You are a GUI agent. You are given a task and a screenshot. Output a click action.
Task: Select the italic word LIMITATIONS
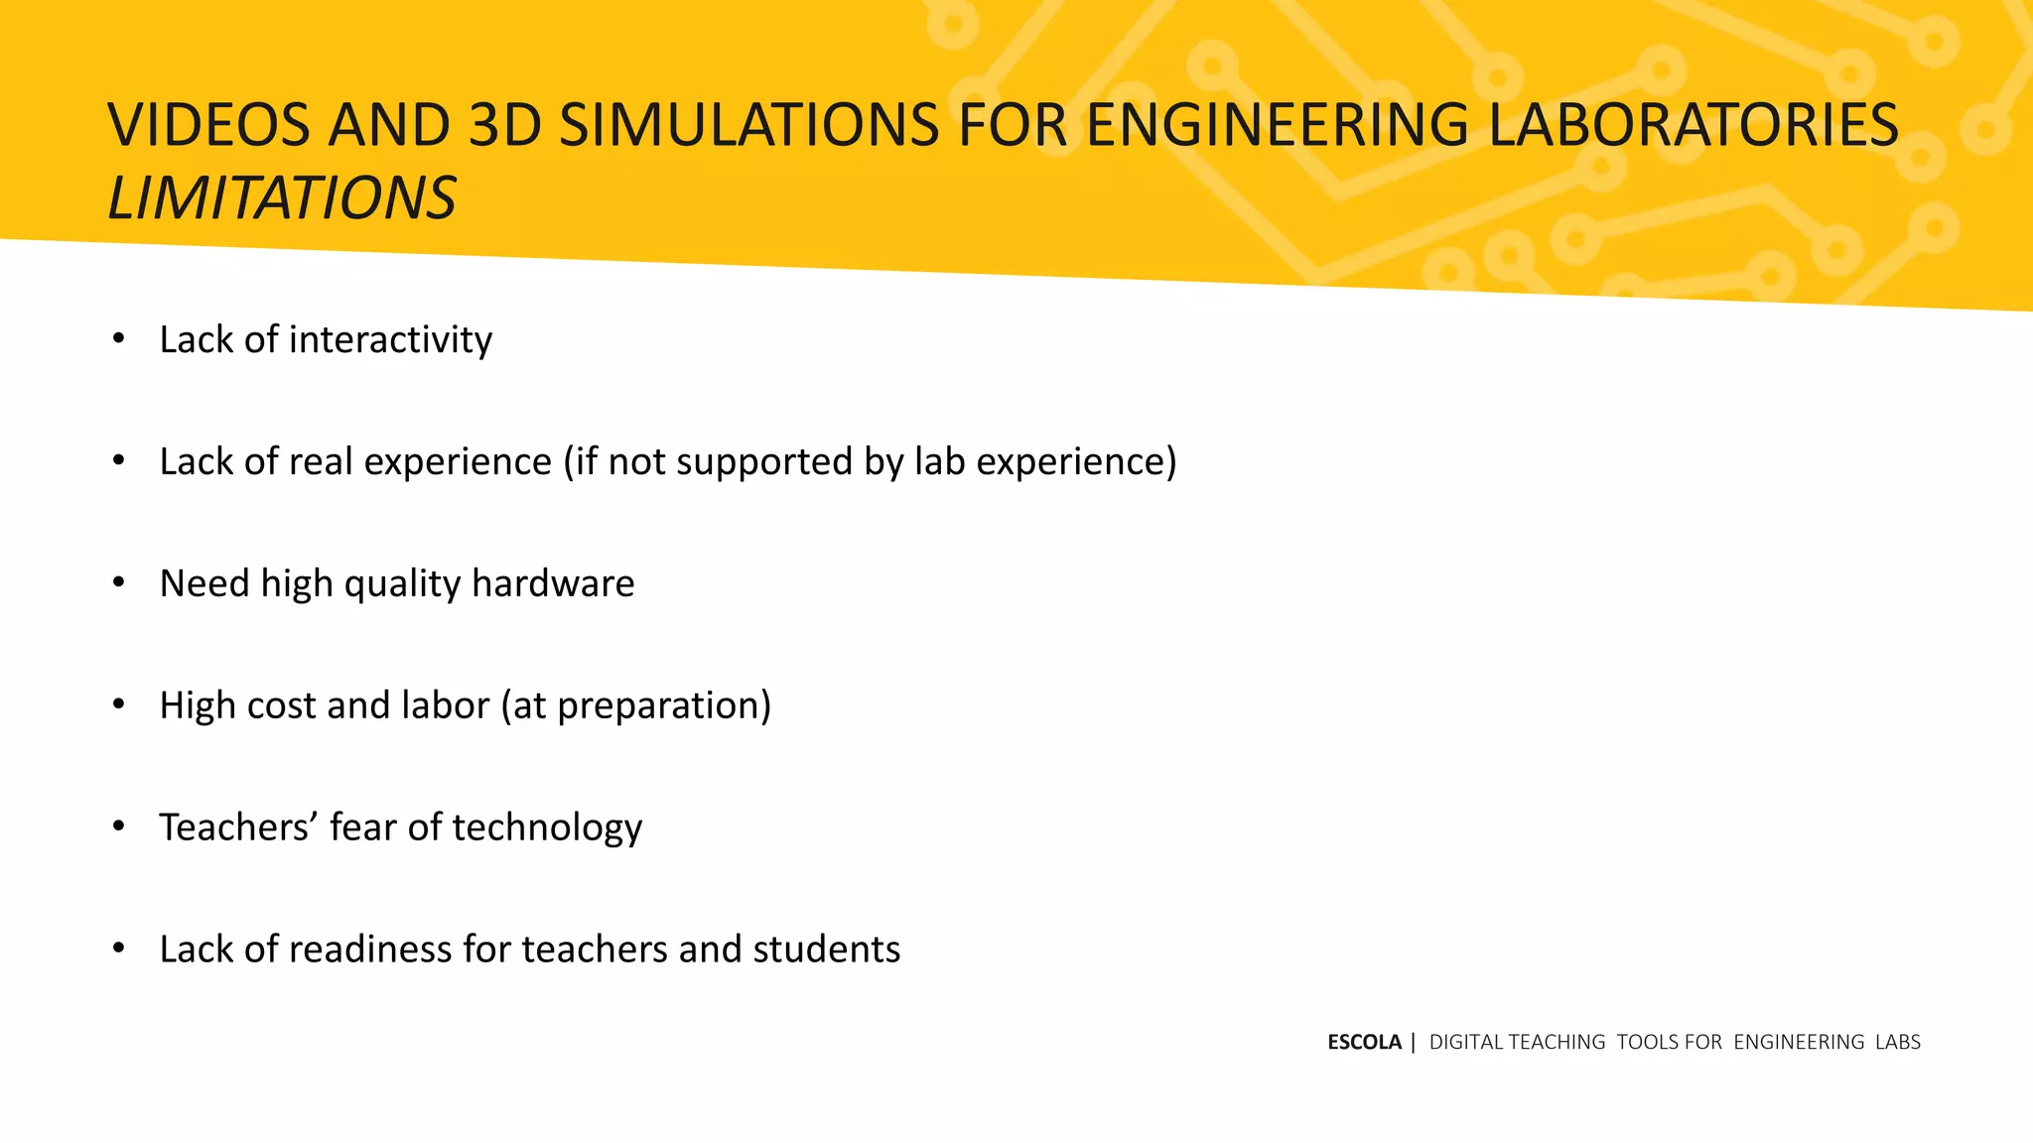click(x=282, y=198)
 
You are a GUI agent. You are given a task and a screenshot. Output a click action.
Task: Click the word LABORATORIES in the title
click(x=1694, y=126)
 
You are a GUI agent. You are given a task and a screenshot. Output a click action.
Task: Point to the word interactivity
click(x=390, y=340)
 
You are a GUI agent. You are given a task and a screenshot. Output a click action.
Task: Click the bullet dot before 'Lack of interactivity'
click(x=119, y=339)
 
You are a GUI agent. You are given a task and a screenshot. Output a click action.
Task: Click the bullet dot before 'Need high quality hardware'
click(x=119, y=583)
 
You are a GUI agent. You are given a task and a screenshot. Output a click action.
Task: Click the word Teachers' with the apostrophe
click(x=237, y=827)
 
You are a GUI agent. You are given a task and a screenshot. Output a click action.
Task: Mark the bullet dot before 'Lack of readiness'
click(x=119, y=949)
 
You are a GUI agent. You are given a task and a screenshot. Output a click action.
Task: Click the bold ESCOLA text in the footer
click(x=1364, y=1043)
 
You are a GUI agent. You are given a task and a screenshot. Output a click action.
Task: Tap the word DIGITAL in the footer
click(x=1467, y=1043)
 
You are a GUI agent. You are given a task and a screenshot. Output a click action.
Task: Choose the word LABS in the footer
click(x=1898, y=1043)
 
